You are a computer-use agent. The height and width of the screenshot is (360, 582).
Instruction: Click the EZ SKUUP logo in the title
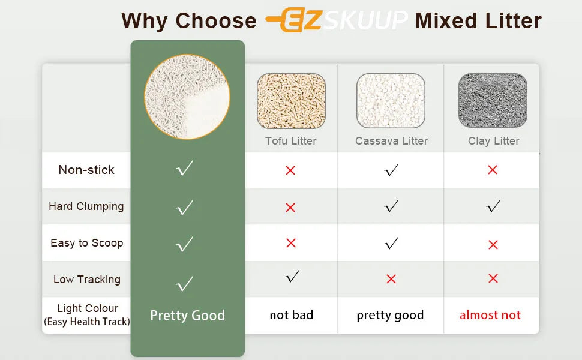[336, 20]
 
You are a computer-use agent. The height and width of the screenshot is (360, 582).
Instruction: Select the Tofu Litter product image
[291, 101]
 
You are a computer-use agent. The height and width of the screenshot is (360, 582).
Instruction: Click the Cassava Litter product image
[391, 101]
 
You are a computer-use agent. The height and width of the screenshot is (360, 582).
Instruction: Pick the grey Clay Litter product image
[493, 101]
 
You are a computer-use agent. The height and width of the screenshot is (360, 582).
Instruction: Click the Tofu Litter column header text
[291, 141]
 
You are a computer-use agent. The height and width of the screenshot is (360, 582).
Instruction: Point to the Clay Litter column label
[494, 141]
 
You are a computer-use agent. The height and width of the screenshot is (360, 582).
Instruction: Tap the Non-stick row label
[86, 170]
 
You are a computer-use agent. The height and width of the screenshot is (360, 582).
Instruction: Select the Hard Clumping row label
[86, 206]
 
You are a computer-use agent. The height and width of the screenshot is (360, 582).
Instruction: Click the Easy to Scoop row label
[87, 243]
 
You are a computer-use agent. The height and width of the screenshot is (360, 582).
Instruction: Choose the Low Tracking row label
[87, 280]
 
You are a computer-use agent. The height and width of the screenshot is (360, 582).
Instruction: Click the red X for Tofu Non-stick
[290, 170]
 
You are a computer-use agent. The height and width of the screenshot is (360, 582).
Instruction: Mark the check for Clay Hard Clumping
[493, 207]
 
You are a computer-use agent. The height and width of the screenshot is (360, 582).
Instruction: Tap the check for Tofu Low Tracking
[292, 277]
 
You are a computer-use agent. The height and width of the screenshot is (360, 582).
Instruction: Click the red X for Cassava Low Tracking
[391, 279]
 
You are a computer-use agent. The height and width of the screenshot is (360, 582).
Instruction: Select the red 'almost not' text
[490, 315]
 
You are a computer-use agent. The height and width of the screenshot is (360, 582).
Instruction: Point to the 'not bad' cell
[292, 315]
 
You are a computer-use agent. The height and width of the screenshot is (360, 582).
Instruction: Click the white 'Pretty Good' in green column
[187, 316]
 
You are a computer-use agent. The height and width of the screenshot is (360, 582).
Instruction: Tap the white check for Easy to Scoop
[185, 244]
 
